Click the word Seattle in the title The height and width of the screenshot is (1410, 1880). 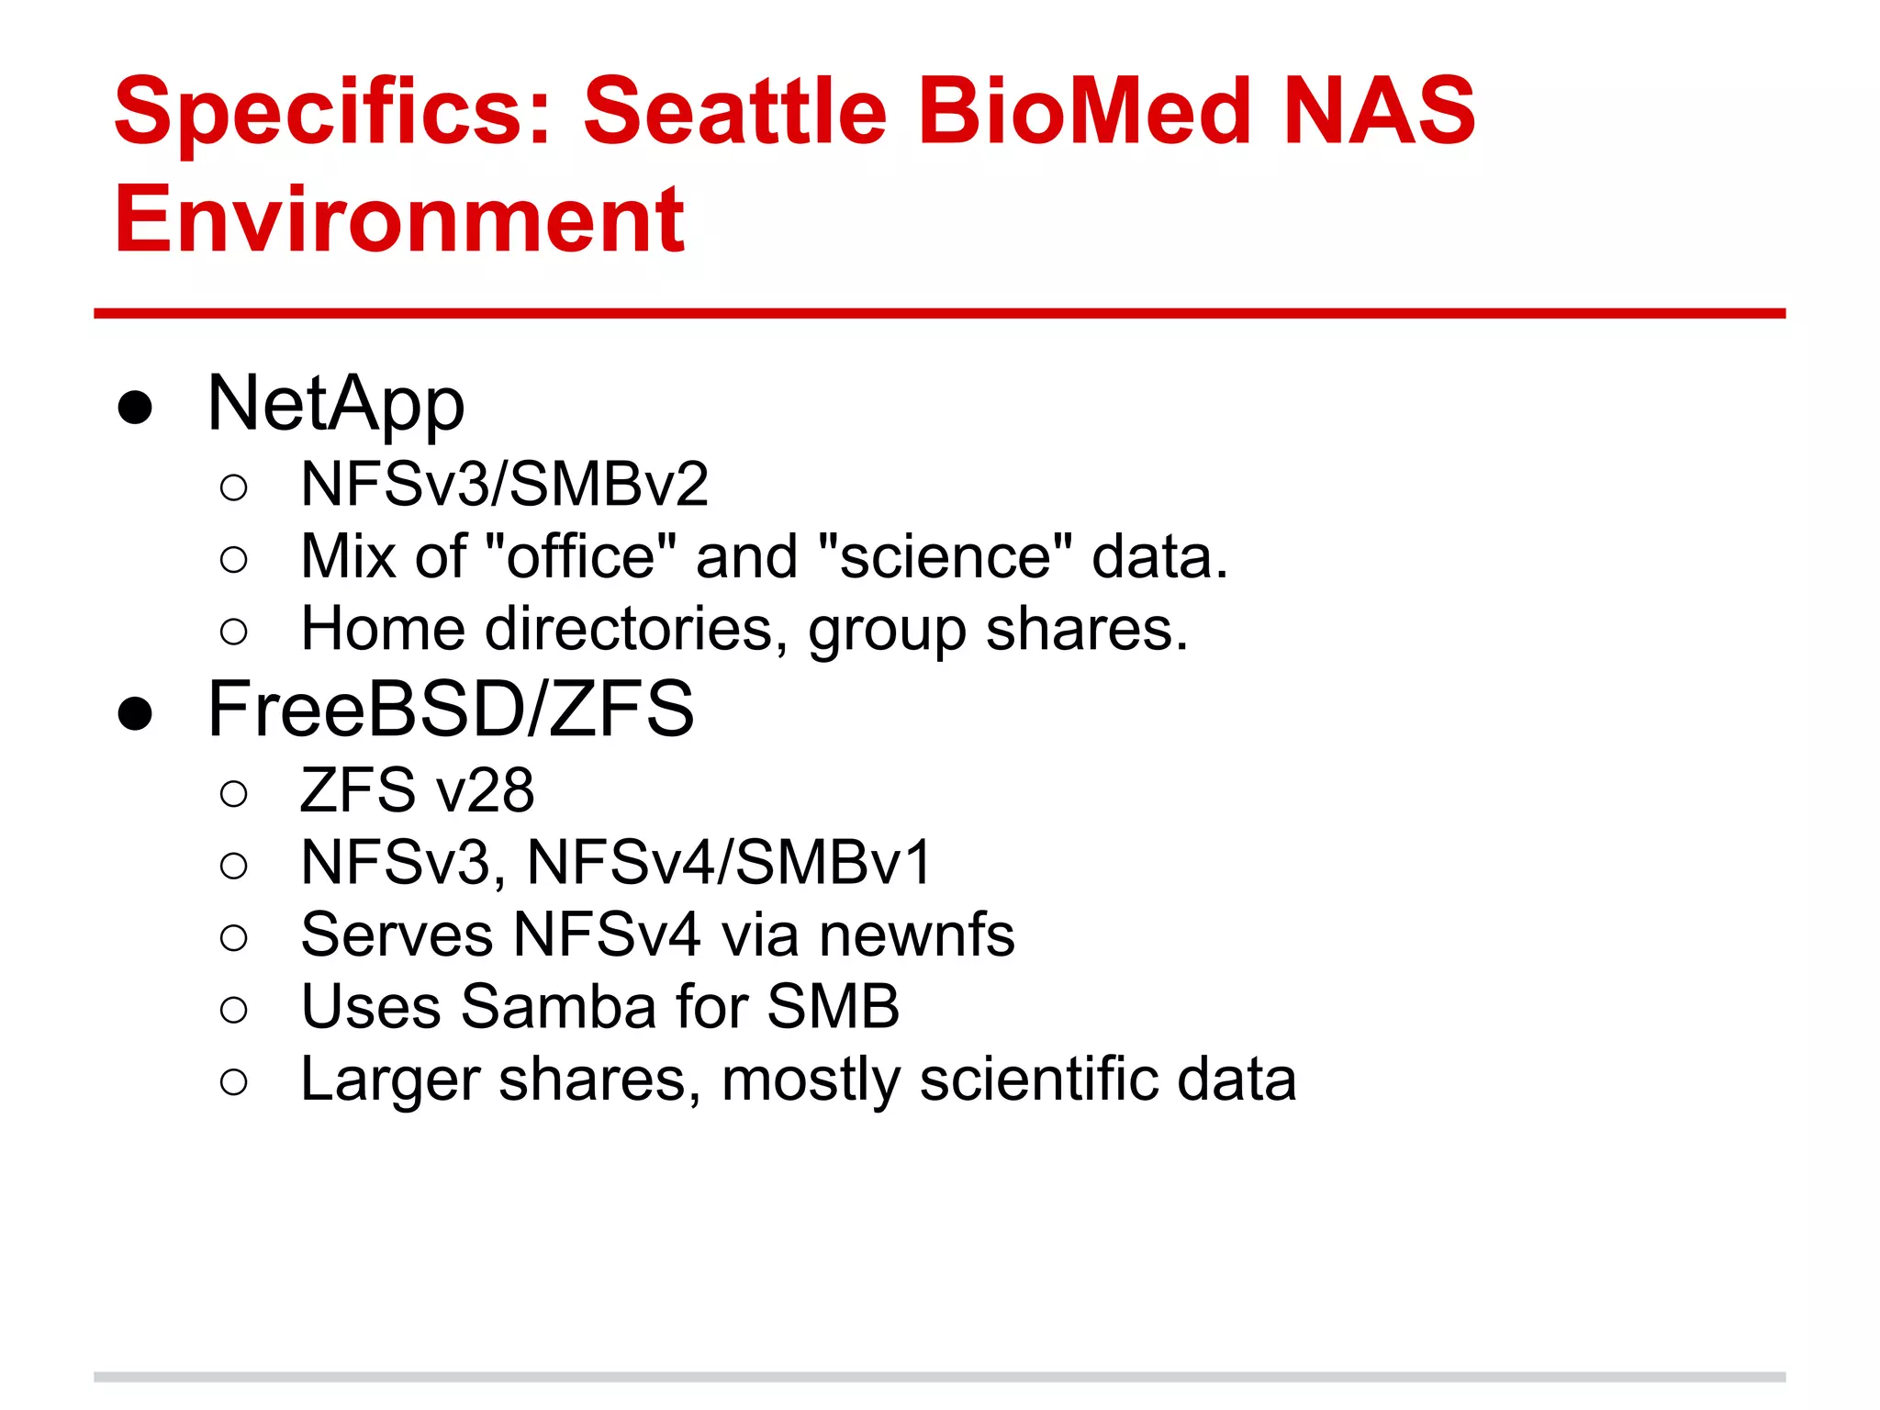point(734,112)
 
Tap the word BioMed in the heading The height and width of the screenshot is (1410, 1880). point(1083,112)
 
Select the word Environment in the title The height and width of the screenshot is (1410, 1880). point(399,219)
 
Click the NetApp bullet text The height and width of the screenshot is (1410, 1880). point(336,404)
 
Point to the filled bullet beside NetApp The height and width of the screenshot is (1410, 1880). point(135,407)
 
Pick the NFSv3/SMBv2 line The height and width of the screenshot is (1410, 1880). point(505,485)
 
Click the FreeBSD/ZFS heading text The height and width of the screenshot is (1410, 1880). point(451,710)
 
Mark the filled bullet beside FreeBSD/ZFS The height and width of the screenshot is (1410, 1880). point(135,713)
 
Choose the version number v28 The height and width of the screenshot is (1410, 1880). point(486,790)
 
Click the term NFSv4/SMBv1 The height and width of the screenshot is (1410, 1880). point(729,863)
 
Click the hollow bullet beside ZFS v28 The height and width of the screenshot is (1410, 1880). point(234,793)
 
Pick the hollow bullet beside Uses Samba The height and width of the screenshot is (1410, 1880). point(234,1010)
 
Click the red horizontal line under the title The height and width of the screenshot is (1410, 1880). point(939,314)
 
